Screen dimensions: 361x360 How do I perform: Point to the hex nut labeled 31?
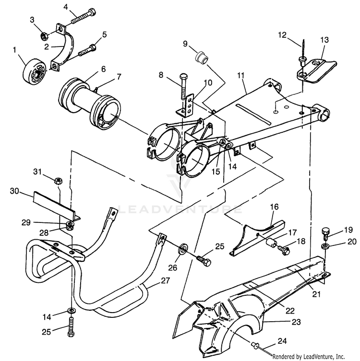pyautogui.click(x=57, y=181)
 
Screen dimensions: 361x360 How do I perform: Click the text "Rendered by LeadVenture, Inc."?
pyautogui.click(x=314, y=357)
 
